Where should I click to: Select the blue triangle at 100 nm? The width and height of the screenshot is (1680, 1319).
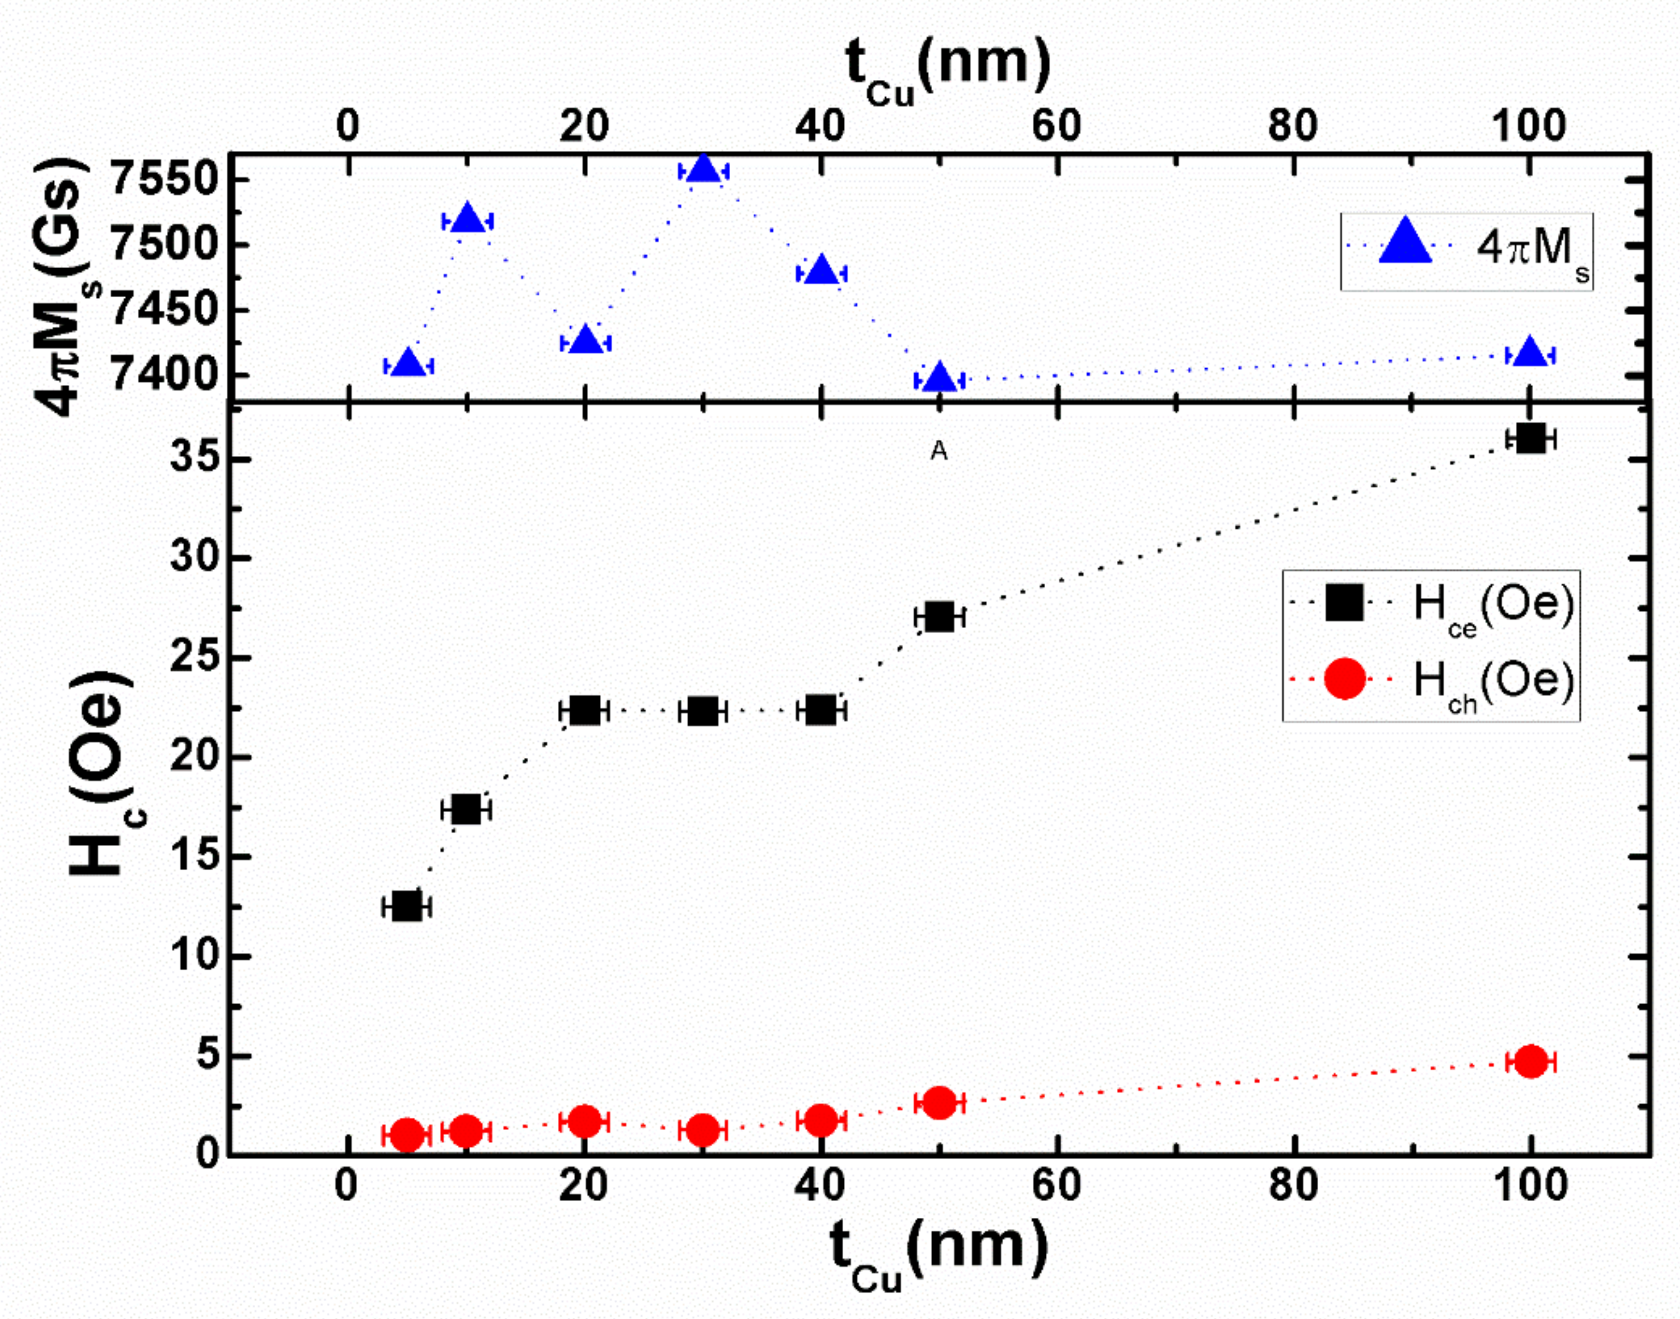(1530, 353)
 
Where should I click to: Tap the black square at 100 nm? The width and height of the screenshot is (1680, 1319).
(1530, 439)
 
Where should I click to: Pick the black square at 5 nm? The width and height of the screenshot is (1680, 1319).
(407, 906)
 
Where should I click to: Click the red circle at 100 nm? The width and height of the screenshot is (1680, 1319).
(1530, 1061)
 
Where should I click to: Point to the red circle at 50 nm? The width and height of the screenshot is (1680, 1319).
(939, 1102)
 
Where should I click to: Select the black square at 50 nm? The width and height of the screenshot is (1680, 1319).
(939, 617)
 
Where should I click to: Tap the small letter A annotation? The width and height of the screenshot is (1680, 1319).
(939, 451)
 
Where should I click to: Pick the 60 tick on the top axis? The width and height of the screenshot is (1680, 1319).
(1056, 125)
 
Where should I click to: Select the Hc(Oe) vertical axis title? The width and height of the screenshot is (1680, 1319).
(101, 772)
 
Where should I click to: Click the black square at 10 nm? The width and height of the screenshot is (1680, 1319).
(466, 809)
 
